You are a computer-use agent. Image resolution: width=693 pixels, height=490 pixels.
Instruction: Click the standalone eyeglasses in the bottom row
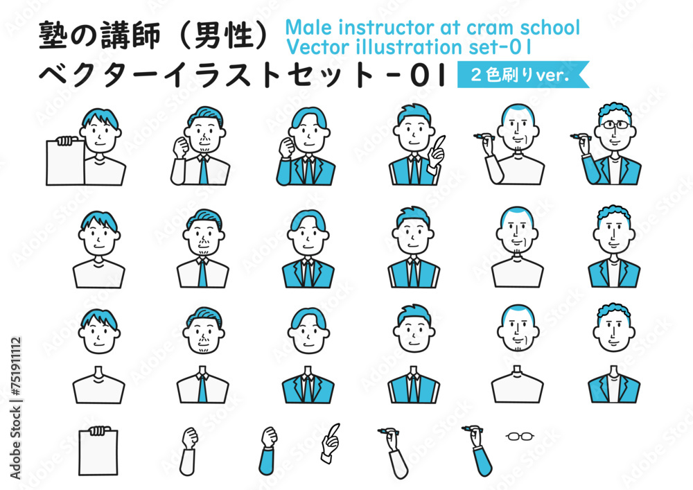pyautogui.click(x=520, y=437)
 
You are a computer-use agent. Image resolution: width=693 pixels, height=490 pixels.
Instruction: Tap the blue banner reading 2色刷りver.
pyautogui.click(x=523, y=74)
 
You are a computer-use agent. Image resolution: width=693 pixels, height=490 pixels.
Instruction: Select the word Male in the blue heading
pyautogui.click(x=308, y=28)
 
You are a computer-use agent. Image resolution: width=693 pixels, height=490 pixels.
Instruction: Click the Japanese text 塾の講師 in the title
pyautogui.click(x=99, y=35)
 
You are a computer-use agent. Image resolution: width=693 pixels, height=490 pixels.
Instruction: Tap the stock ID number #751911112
pyautogui.click(x=16, y=367)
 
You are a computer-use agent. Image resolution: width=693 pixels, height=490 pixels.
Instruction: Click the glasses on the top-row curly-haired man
pyautogui.click(x=614, y=125)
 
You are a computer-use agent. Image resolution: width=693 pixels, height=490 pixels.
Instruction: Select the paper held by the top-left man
pyautogui.click(x=65, y=161)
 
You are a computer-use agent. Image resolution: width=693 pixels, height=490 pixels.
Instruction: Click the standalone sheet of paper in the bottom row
pyautogui.click(x=98, y=452)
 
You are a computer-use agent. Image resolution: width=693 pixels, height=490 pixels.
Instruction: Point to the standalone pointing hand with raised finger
pyautogui.click(x=330, y=442)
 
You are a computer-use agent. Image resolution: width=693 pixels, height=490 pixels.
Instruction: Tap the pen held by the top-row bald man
pyautogui.click(x=484, y=136)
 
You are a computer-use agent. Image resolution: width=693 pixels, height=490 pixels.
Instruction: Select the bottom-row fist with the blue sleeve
pyautogui.click(x=267, y=450)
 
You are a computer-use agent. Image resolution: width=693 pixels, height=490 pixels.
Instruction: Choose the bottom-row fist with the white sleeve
pyautogui.click(x=188, y=451)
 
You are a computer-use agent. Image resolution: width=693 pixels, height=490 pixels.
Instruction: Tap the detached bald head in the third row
pyautogui.click(x=518, y=329)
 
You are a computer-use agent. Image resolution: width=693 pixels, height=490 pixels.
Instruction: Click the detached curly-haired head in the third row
pyautogui.click(x=614, y=327)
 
